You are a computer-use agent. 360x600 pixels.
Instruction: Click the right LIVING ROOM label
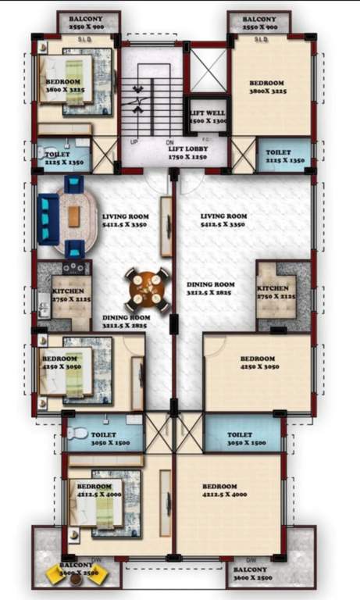point(223,220)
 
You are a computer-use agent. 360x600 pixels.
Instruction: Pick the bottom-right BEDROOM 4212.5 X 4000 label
point(225,490)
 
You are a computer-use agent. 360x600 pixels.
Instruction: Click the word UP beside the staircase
point(134,141)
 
